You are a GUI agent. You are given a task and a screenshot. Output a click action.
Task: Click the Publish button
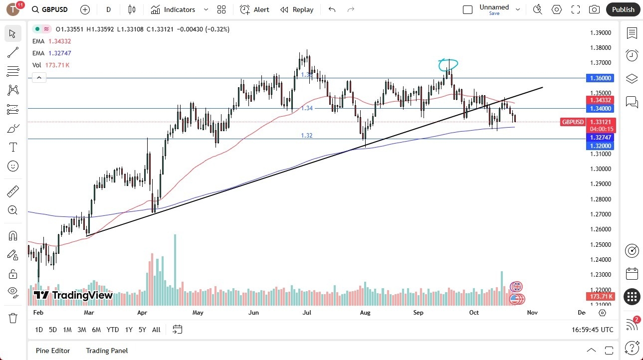click(623, 9)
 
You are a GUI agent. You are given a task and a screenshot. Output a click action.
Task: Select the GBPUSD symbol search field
click(55, 9)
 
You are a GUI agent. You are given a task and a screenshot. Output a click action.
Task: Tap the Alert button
click(254, 9)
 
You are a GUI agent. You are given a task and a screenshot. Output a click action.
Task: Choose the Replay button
click(297, 9)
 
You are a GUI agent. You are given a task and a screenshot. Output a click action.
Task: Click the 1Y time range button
click(129, 330)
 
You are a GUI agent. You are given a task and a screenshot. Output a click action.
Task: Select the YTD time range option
click(113, 330)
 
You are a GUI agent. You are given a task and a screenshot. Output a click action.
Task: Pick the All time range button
click(156, 330)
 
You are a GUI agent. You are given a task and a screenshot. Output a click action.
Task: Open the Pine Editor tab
click(53, 351)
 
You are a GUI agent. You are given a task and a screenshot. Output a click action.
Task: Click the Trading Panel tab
click(107, 351)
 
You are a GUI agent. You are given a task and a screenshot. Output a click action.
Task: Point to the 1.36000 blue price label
click(600, 78)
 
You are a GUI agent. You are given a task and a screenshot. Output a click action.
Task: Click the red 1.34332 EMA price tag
click(600, 100)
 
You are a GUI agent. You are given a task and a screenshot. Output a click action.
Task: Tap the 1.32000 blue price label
click(600, 146)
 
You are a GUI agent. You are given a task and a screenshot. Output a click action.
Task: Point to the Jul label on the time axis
click(307, 313)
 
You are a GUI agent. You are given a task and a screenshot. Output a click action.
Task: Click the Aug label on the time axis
click(365, 313)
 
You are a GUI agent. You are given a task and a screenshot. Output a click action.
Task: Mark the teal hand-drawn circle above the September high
click(448, 64)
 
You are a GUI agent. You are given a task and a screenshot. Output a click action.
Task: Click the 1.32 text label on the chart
click(307, 136)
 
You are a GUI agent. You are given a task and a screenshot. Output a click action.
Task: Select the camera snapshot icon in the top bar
click(594, 9)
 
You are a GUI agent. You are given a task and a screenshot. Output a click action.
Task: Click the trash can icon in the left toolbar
click(12, 318)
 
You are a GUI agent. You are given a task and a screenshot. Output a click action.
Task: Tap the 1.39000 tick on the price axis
click(601, 33)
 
